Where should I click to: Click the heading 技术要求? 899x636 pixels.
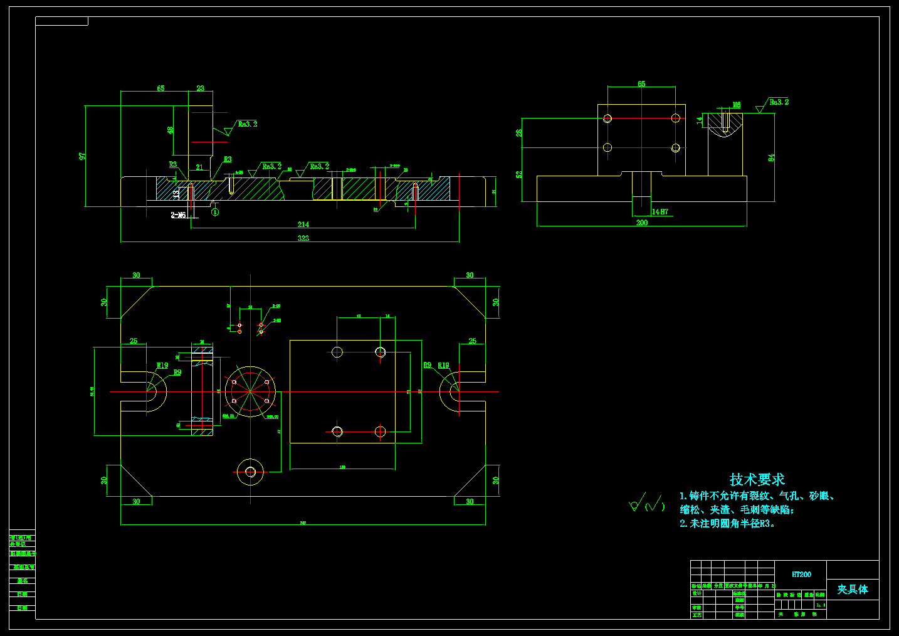pyautogui.click(x=757, y=480)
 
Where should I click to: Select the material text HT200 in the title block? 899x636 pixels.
pyautogui.click(x=801, y=575)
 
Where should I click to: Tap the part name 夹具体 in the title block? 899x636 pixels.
pyautogui.click(x=853, y=590)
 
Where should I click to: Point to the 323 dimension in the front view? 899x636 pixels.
pyautogui.click(x=303, y=238)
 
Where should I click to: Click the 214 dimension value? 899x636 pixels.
pyautogui.click(x=303, y=225)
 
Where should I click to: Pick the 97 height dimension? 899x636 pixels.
pyautogui.click(x=82, y=156)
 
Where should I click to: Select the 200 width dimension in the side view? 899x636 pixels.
pyautogui.click(x=642, y=223)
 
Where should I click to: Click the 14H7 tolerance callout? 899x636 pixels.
pyautogui.click(x=660, y=212)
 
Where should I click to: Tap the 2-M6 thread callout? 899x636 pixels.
pyautogui.click(x=179, y=215)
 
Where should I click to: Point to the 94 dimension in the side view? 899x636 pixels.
pyautogui.click(x=771, y=157)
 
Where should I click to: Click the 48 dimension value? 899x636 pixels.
pyautogui.click(x=170, y=130)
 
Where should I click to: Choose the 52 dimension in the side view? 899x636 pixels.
pyautogui.click(x=519, y=174)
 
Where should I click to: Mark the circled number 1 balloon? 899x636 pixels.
pyautogui.click(x=215, y=212)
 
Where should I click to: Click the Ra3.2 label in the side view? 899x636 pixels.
pyautogui.click(x=779, y=102)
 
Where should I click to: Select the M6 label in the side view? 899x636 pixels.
pyautogui.click(x=737, y=105)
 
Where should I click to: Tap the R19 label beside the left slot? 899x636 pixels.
pyautogui.click(x=162, y=366)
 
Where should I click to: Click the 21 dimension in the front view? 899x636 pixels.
pyautogui.click(x=199, y=167)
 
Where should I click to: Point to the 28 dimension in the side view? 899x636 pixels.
pyautogui.click(x=519, y=133)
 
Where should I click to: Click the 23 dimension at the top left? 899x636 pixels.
pyautogui.click(x=201, y=88)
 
